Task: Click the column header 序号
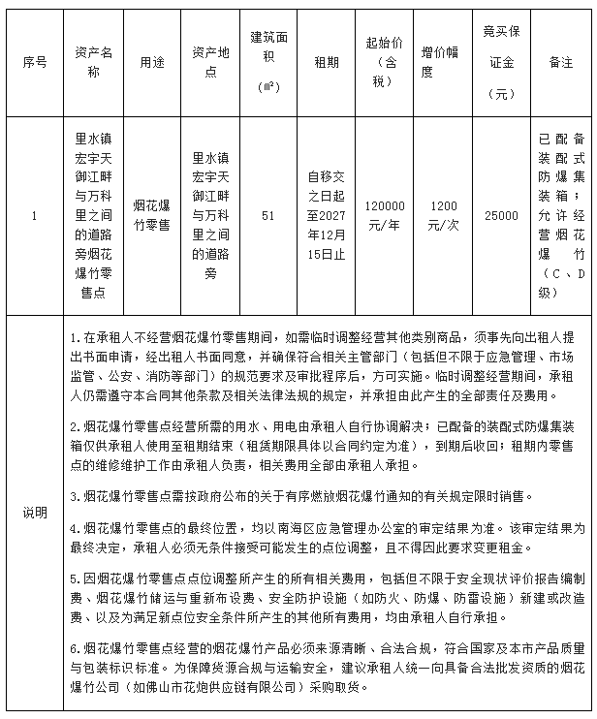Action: [x=35, y=62]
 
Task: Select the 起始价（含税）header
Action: [x=385, y=62]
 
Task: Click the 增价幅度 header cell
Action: [x=444, y=62]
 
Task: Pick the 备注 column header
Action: [x=560, y=62]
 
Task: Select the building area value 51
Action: [x=268, y=215]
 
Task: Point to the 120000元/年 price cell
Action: [x=385, y=215]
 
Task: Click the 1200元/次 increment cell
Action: [x=444, y=215]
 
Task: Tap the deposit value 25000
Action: [x=502, y=215]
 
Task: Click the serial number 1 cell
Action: [x=35, y=215]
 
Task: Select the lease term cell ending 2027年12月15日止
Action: [x=327, y=215]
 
